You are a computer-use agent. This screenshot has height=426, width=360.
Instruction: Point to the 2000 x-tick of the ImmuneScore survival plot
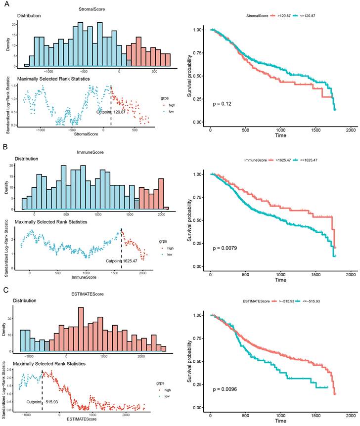pos(351,274)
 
